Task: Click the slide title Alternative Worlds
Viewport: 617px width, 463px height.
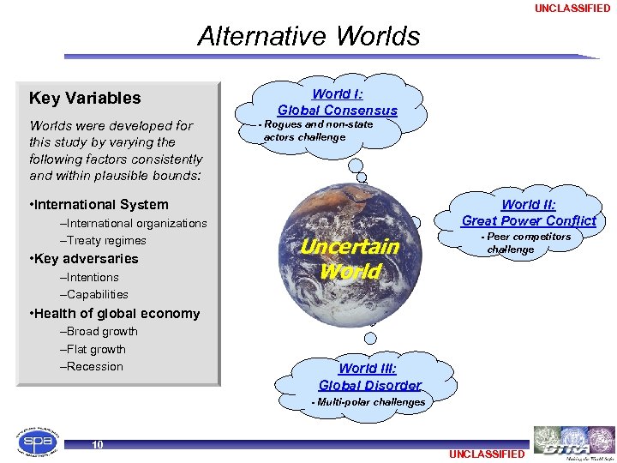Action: click(308, 36)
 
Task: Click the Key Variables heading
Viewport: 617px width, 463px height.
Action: click(85, 98)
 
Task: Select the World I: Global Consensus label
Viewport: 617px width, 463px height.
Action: click(337, 102)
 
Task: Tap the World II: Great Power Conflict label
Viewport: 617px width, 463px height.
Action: click(529, 213)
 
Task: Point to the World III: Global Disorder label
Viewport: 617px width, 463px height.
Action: click(369, 376)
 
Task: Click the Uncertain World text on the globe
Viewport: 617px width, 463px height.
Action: click(349, 259)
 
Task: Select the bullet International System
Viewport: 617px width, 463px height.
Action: click(99, 204)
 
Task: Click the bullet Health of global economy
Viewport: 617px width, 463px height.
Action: click(114, 313)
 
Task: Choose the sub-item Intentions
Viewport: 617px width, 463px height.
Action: click(89, 277)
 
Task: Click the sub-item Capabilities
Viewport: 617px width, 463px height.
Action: click(93, 294)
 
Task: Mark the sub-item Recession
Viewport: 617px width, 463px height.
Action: click(92, 366)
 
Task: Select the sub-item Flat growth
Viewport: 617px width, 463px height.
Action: click(93, 349)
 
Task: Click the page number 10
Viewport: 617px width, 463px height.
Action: click(98, 444)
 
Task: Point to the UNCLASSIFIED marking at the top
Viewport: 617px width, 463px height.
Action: click(572, 9)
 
